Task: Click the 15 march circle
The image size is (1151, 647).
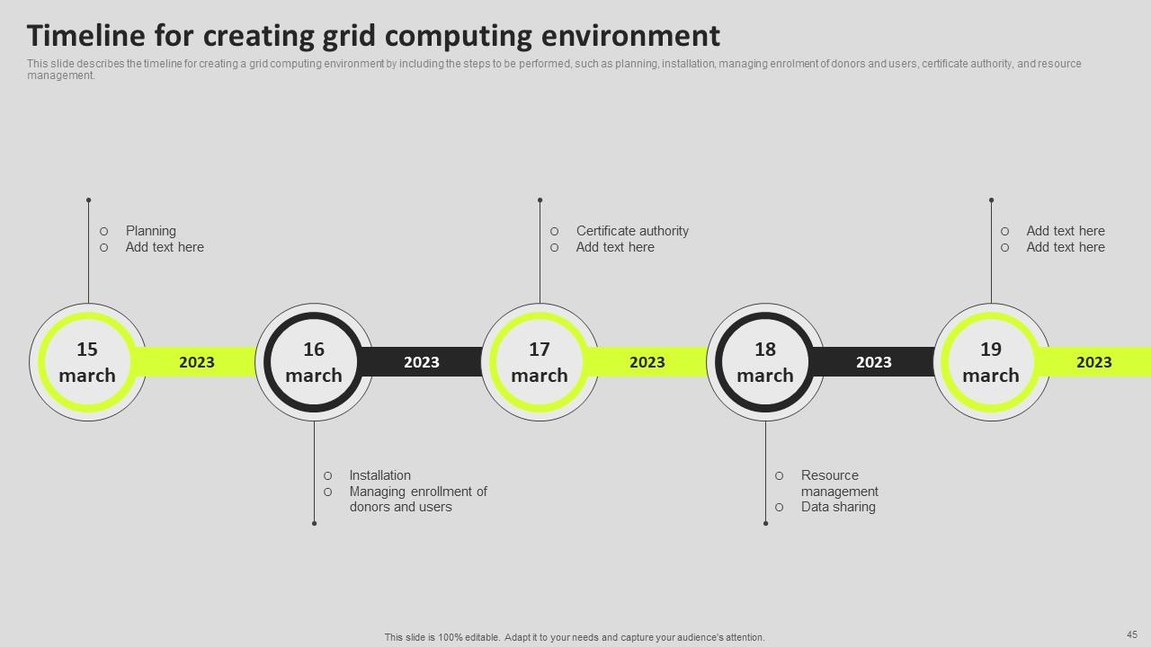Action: pos(87,362)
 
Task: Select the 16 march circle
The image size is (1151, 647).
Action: pos(314,362)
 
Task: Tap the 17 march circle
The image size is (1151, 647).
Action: pos(540,362)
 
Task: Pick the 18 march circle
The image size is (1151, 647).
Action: pos(765,362)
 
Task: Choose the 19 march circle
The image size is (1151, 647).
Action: pos(991,362)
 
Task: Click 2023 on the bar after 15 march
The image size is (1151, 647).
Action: pos(197,362)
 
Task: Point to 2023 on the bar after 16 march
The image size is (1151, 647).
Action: pos(422,362)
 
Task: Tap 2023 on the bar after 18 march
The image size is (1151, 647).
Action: pos(873,362)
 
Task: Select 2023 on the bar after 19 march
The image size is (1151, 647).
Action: pos(1094,362)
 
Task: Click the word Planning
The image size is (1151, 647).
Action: pos(151,231)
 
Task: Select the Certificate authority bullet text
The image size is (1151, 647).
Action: pos(632,231)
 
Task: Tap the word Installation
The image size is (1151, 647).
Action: pos(379,475)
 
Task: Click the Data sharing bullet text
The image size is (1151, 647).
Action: pos(838,507)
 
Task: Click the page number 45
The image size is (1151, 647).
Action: pos(1132,634)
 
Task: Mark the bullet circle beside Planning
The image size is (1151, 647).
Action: pos(104,231)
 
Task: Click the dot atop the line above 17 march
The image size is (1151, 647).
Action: pos(540,199)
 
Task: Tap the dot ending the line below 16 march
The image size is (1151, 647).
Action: pos(314,523)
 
